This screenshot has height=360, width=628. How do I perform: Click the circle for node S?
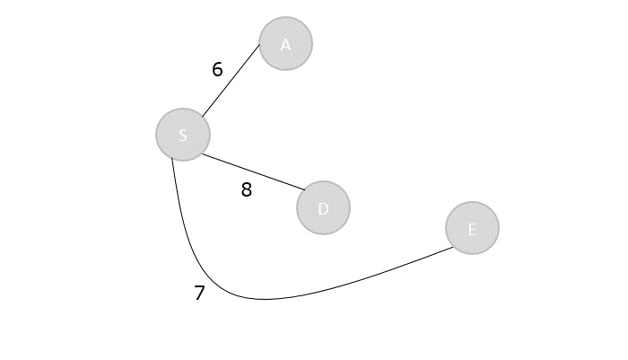click(x=183, y=135)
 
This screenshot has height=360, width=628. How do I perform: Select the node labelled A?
click(x=285, y=43)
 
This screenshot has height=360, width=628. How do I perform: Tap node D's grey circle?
click(x=323, y=207)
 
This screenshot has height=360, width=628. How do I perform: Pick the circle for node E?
click(x=472, y=228)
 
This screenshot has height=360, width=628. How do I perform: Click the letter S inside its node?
click(x=183, y=136)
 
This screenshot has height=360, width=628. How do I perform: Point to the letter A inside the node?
click(x=285, y=44)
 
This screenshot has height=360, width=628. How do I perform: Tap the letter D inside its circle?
click(x=323, y=208)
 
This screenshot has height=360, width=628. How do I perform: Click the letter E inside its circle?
click(x=472, y=229)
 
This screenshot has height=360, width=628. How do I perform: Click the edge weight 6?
click(x=217, y=69)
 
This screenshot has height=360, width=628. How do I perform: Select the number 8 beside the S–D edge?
click(x=247, y=189)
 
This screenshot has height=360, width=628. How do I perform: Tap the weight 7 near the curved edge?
click(x=199, y=293)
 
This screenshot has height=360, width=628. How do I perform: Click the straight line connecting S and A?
click(x=231, y=81)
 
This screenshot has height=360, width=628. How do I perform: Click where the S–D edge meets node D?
click(x=307, y=190)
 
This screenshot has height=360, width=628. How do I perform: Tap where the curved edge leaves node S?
click(x=172, y=159)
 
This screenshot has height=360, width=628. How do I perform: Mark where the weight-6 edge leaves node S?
click(x=201, y=117)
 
